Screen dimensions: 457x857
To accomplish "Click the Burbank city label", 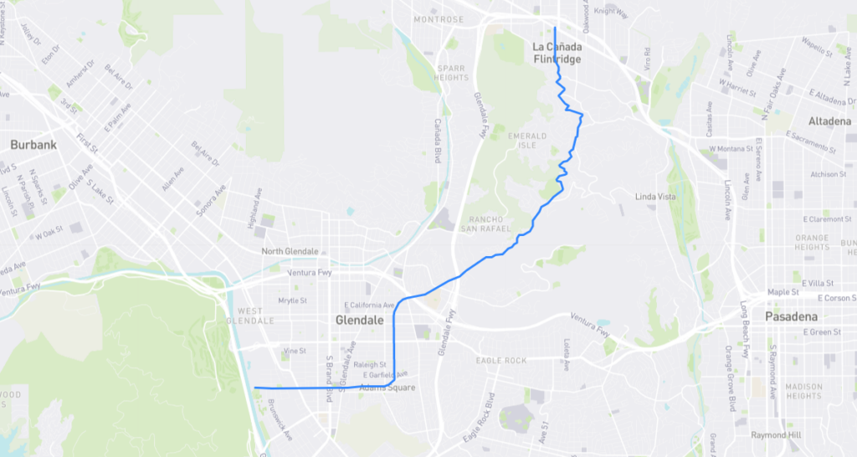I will tap(33, 145).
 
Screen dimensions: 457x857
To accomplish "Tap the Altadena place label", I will tap(829, 121).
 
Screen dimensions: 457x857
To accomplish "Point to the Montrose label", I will tap(438, 19).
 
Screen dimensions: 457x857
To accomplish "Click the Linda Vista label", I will tap(655, 197).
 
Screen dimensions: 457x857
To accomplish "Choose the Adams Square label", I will tap(387, 388).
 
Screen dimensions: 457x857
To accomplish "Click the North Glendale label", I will tap(290, 251).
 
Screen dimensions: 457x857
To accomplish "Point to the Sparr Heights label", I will tap(452, 72).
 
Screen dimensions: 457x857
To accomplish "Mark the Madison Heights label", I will tap(804, 390).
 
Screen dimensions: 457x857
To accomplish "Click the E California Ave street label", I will tap(369, 305).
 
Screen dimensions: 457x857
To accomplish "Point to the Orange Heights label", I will tap(812, 243).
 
